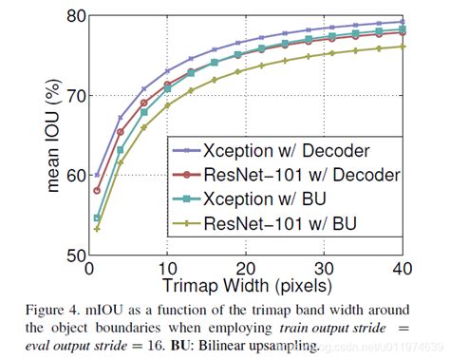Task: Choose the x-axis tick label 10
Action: [167, 269]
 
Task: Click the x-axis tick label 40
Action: [404, 269]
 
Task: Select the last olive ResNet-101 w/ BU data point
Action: [404, 46]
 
